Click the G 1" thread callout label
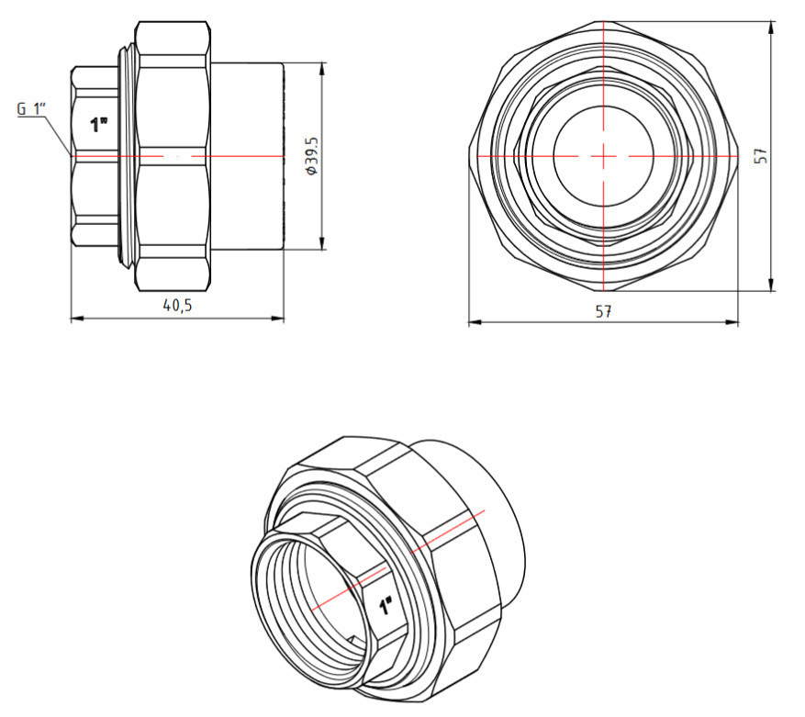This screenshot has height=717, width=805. point(32,109)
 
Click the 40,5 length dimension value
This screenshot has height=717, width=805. point(177,306)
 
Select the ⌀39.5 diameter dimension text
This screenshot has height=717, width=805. point(312,156)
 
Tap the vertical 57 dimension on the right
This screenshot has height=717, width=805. point(763,156)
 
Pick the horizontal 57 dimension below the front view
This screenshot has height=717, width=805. point(604,311)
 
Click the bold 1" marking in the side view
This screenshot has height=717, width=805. point(98,125)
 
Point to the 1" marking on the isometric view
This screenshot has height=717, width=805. point(385,606)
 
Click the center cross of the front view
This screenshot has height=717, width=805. point(603,155)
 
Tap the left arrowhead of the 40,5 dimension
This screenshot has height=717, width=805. point(77,319)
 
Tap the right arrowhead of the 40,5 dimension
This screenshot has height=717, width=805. point(278,319)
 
